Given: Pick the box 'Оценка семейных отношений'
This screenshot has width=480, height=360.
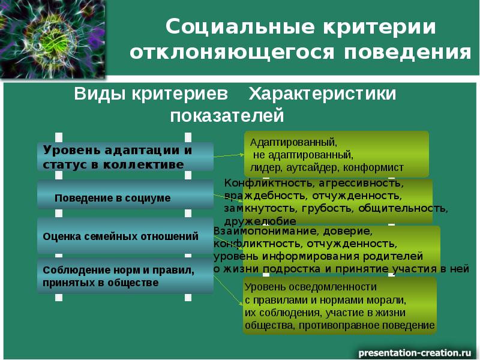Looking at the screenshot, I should (125, 236).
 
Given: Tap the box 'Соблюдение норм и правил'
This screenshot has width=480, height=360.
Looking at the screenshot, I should (125, 277).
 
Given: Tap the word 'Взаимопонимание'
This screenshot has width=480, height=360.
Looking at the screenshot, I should (262, 231).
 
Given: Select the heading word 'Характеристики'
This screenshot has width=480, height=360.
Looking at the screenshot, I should (322, 95).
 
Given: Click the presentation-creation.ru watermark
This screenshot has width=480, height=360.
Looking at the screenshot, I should (415, 350).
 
